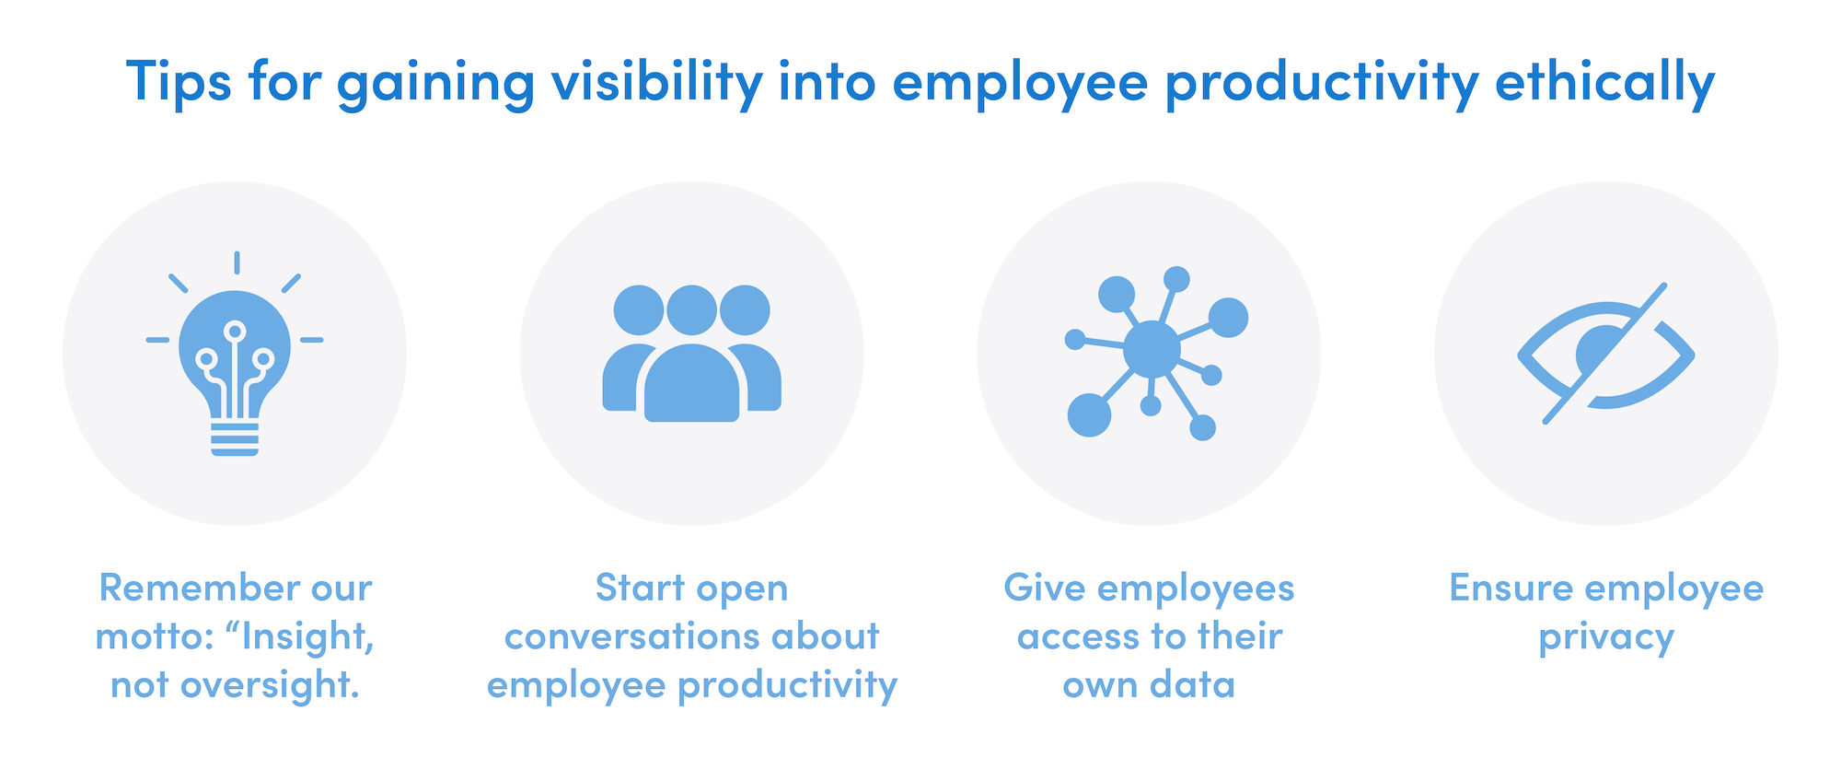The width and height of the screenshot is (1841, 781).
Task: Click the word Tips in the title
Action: [179, 80]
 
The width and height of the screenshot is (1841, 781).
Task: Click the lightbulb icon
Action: [235, 354]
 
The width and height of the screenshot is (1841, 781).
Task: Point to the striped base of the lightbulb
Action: [235, 439]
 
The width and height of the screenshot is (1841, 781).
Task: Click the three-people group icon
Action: [692, 354]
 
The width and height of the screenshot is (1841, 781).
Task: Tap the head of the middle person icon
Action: [692, 310]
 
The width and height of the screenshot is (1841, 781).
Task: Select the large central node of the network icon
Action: [1152, 349]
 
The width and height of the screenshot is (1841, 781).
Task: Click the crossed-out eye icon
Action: [1606, 354]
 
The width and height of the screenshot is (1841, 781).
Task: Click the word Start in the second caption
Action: [640, 588]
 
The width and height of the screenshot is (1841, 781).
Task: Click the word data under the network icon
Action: [1193, 685]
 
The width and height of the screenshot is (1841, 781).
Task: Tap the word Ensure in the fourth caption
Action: [1511, 588]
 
